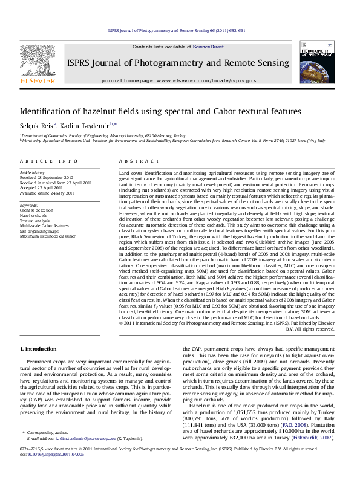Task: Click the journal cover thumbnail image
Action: [x=316, y=65]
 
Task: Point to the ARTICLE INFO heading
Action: [x=48, y=161]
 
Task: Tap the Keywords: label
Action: [x=29, y=206]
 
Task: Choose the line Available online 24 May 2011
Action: [x=47, y=193]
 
